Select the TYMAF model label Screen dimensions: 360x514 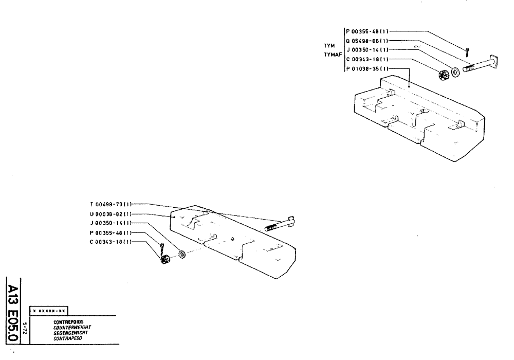326,54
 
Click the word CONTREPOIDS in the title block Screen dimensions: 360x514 65,321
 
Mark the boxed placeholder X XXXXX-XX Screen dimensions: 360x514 50,312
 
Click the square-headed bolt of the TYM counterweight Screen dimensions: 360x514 481,64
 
